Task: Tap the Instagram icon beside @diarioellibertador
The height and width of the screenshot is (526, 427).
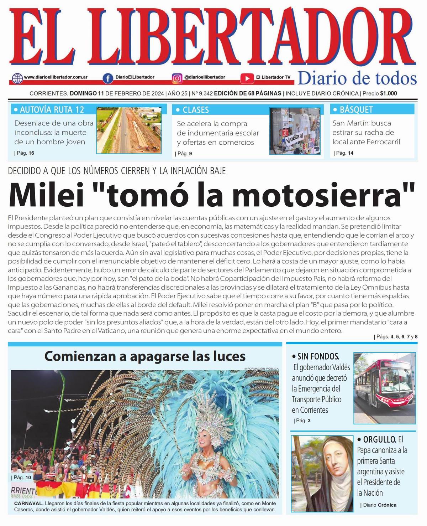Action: point(177,78)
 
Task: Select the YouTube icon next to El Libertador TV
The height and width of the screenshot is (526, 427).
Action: point(247,78)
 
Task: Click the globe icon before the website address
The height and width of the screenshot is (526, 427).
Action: point(17,78)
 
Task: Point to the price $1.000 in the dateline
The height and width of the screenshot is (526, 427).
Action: point(389,94)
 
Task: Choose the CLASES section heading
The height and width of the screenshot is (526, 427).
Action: point(196,110)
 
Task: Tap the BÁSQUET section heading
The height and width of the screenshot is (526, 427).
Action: point(356,109)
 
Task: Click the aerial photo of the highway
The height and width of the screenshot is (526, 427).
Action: point(128,130)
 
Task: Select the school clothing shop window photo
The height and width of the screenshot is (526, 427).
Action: point(295,131)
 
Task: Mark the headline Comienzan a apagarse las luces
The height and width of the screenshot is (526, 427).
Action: point(145,356)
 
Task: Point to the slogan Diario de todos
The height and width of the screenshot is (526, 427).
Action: point(357,78)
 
